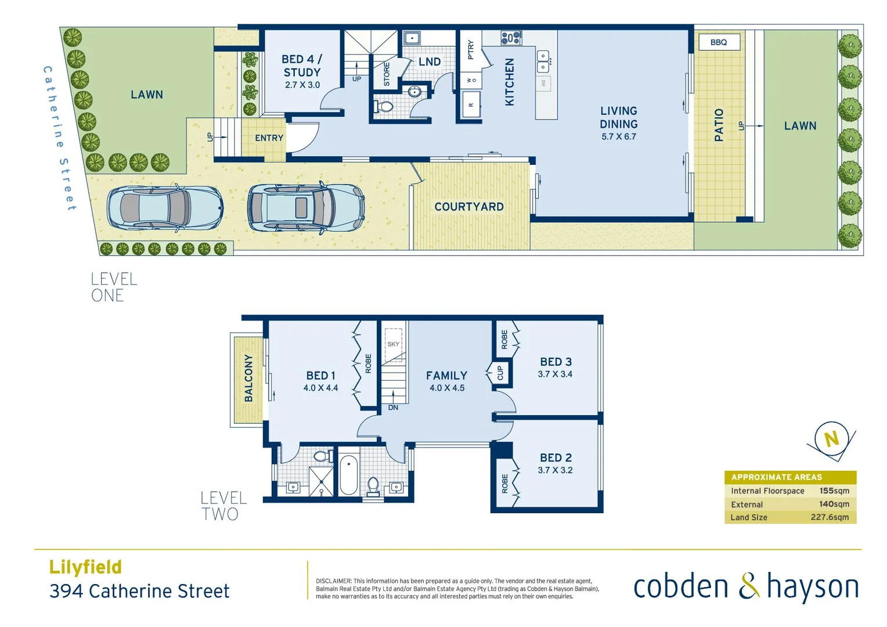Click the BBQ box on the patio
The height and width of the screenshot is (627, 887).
point(719,42)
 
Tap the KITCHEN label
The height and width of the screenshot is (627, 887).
point(509,82)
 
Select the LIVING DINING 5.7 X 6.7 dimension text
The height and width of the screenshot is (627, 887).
point(619,137)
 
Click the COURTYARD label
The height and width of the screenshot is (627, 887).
point(469,207)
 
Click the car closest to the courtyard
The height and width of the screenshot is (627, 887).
point(306,207)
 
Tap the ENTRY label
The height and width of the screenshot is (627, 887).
point(269,138)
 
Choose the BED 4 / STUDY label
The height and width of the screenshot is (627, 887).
point(301,66)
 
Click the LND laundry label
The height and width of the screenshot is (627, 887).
point(430,62)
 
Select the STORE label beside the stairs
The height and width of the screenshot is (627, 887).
point(387,74)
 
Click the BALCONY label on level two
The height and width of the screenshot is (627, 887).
point(248,378)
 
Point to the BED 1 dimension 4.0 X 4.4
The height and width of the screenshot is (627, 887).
point(320,388)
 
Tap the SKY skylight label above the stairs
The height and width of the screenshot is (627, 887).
point(393,344)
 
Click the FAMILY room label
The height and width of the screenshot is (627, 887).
point(446,376)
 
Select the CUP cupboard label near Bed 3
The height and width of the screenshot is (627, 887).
point(500,372)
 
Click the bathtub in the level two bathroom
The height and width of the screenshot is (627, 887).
point(348,474)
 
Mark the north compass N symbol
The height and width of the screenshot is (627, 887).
point(831,439)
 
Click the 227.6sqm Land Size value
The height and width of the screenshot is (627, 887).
point(830,517)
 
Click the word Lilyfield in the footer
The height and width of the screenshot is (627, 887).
point(85,567)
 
